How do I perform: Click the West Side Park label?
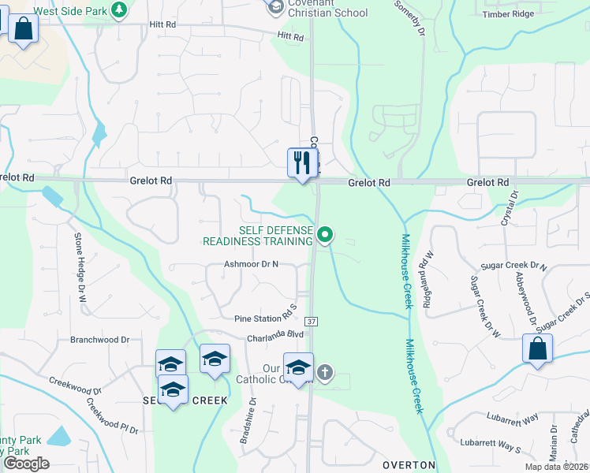click(69, 12)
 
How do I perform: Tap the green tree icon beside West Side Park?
click(118, 10)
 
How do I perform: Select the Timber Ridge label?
click(509, 13)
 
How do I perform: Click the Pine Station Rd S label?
click(265, 318)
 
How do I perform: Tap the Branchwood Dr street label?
click(99, 340)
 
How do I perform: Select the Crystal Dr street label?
click(513, 206)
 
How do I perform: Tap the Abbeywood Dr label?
click(520, 293)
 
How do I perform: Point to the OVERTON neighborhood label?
click(409, 465)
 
